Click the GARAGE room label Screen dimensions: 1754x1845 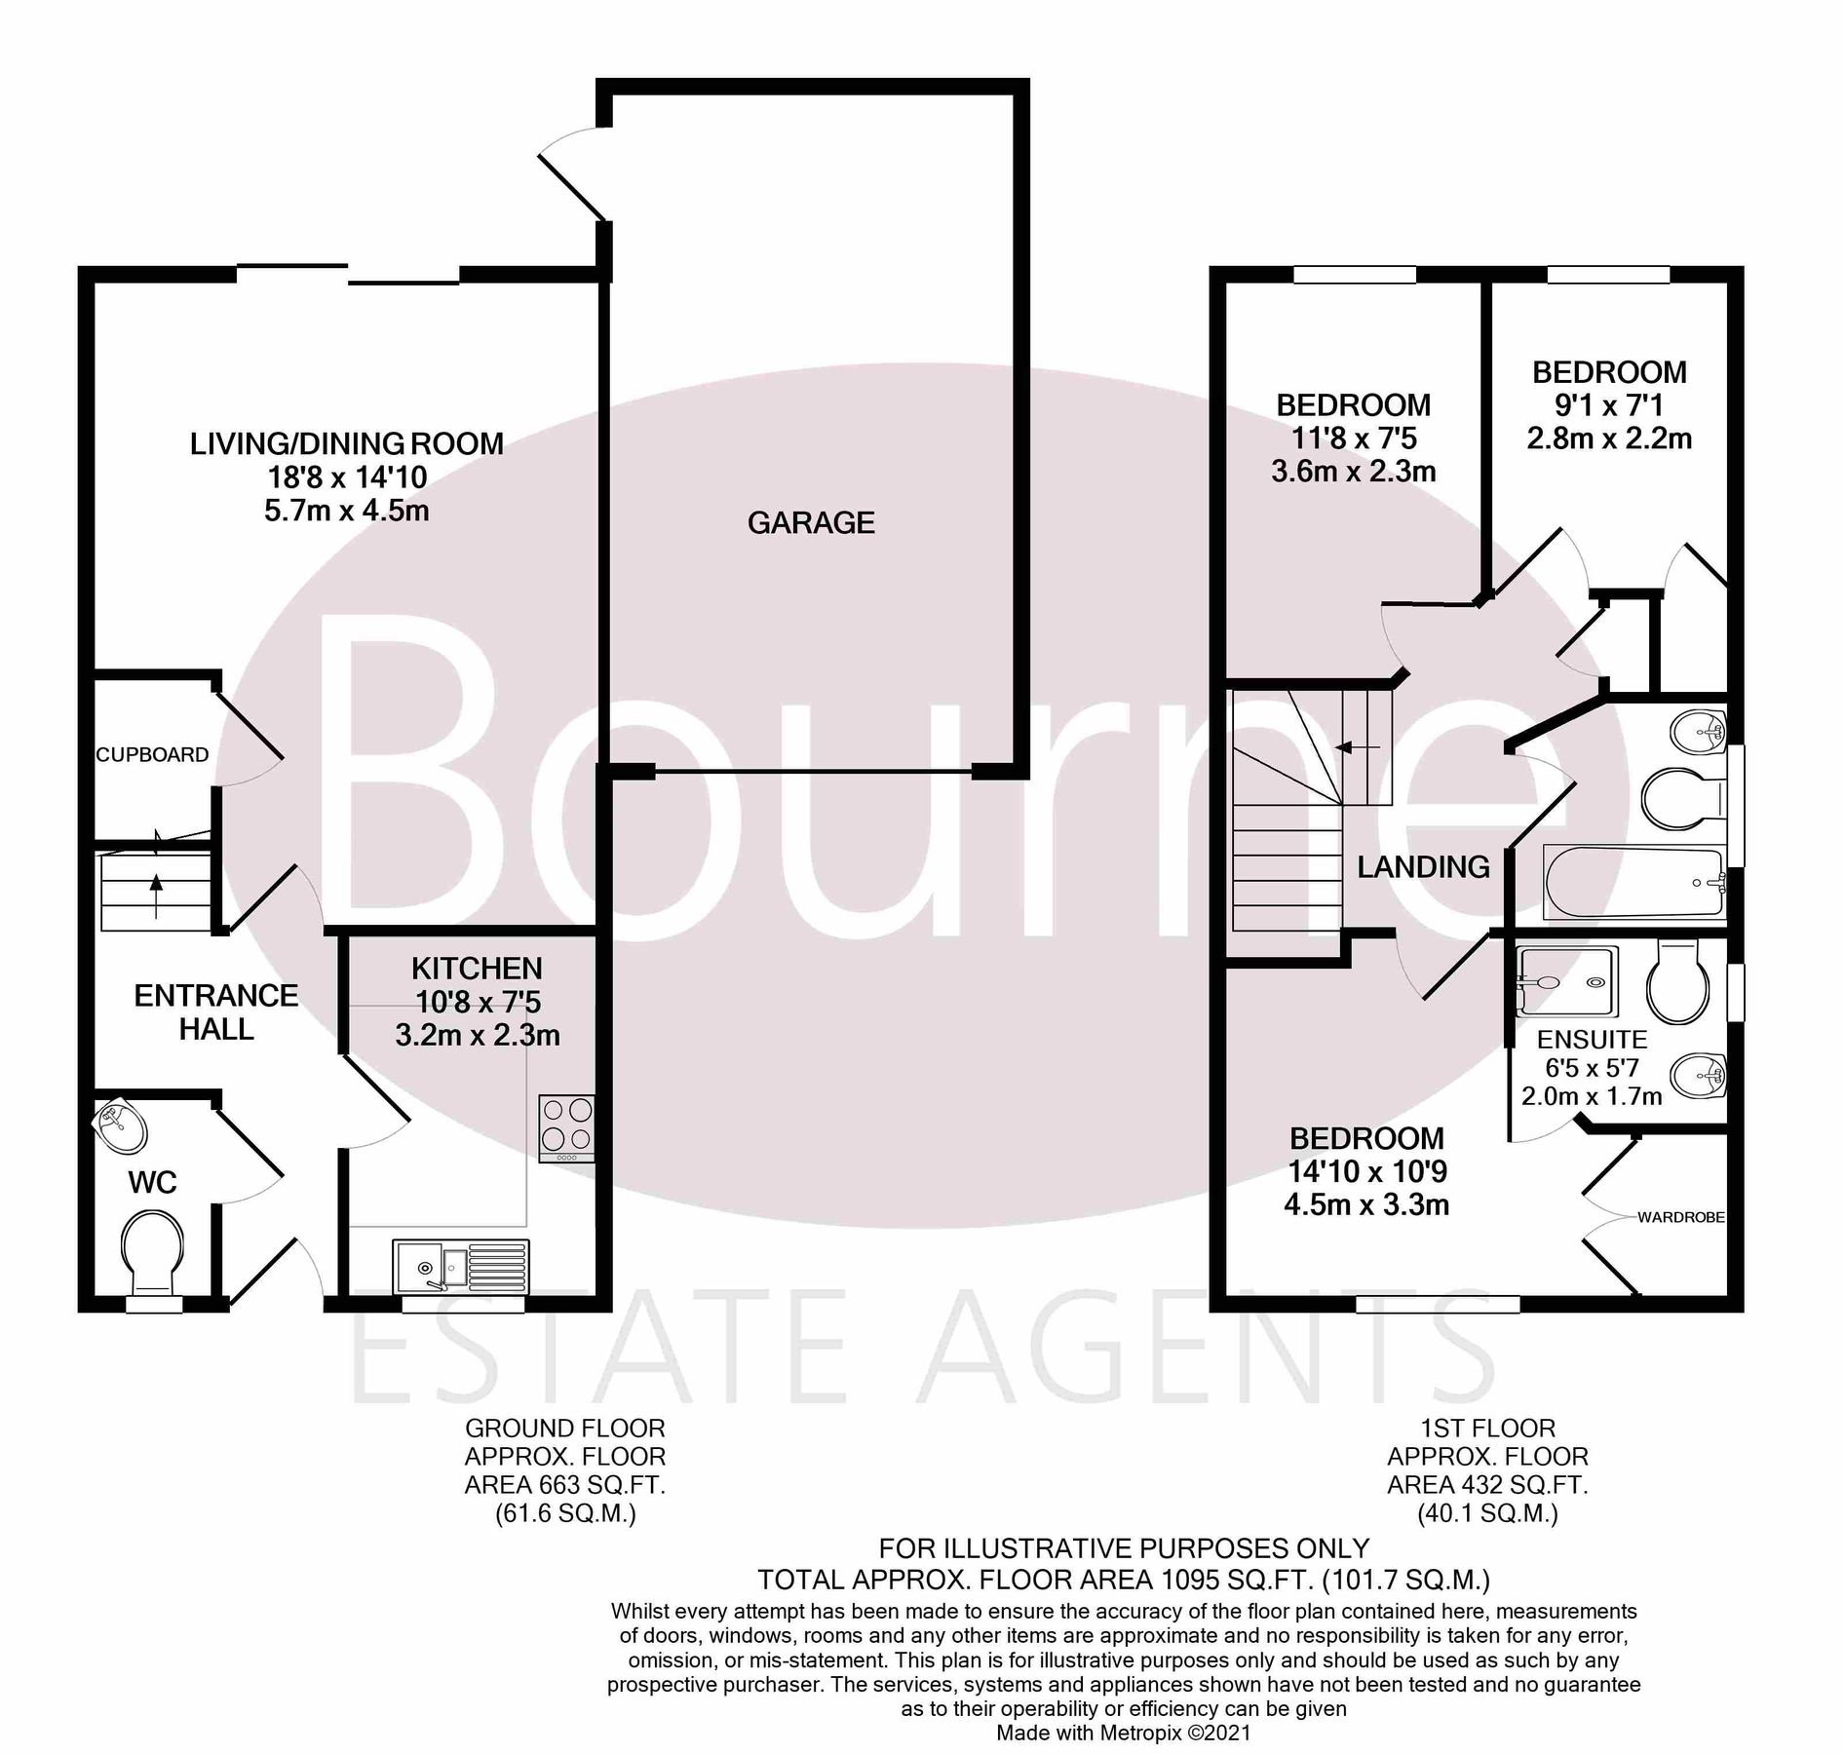coord(811,523)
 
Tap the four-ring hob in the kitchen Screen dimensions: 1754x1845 coord(566,1127)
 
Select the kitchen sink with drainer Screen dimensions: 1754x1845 coord(461,1267)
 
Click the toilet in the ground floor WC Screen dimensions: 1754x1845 coord(152,1249)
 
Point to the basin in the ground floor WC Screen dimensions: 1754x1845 coord(121,1127)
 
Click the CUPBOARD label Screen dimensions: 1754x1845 coord(152,754)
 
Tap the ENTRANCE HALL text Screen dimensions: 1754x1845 coord(216,1011)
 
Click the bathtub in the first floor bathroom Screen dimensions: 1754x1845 coord(1634,883)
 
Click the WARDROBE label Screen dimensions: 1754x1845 coord(1680,1217)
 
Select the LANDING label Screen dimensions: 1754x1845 coord(1423,866)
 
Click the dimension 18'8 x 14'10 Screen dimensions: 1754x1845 coord(347,477)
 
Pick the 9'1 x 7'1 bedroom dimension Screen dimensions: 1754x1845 coord(1608,405)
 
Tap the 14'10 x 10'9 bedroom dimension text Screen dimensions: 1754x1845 coord(1366,1171)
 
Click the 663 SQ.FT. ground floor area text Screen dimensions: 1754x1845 coord(565,1486)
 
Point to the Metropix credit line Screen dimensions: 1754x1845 coord(1122,1734)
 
